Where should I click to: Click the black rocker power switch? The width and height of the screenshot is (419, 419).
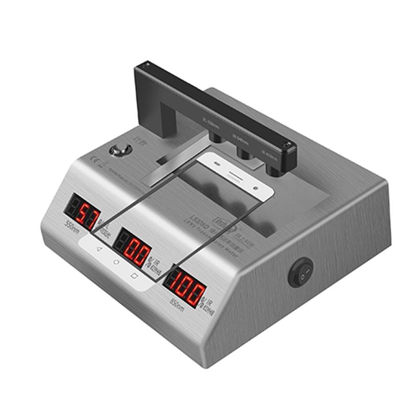pos(301,272)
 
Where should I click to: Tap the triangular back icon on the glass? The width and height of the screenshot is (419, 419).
pos(98,249)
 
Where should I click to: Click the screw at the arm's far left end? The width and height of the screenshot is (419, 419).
pos(147,66)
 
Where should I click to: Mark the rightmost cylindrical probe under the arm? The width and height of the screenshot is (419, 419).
pos(272,169)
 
